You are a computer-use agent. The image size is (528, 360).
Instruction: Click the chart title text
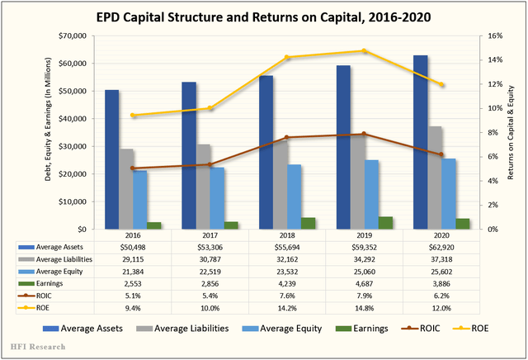pyautogui.click(x=264, y=16)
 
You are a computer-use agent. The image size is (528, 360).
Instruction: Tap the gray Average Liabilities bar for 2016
pyautogui.click(x=126, y=189)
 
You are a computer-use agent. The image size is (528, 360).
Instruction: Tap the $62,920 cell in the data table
pyautogui.click(x=438, y=246)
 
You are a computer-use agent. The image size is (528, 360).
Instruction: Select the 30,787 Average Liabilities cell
pyautogui.click(x=210, y=258)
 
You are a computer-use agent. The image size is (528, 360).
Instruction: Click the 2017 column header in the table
pyautogui.click(x=210, y=234)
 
